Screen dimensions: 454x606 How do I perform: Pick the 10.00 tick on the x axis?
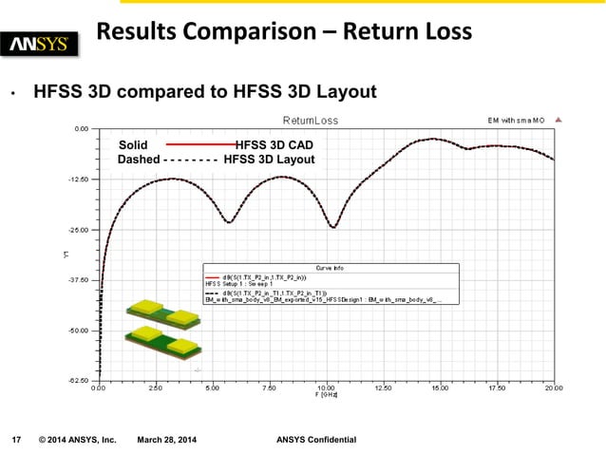coord(326,388)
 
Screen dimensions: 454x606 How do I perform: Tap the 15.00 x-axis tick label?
coord(440,388)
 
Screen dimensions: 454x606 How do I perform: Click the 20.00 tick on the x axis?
coord(553,388)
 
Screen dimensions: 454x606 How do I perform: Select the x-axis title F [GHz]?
coord(326,395)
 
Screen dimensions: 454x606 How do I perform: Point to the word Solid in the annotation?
coord(134,144)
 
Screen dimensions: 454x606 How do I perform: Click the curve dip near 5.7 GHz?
coord(229,222)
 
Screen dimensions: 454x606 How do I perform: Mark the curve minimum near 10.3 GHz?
coord(332,227)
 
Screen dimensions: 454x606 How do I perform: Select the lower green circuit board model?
coord(163,341)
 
